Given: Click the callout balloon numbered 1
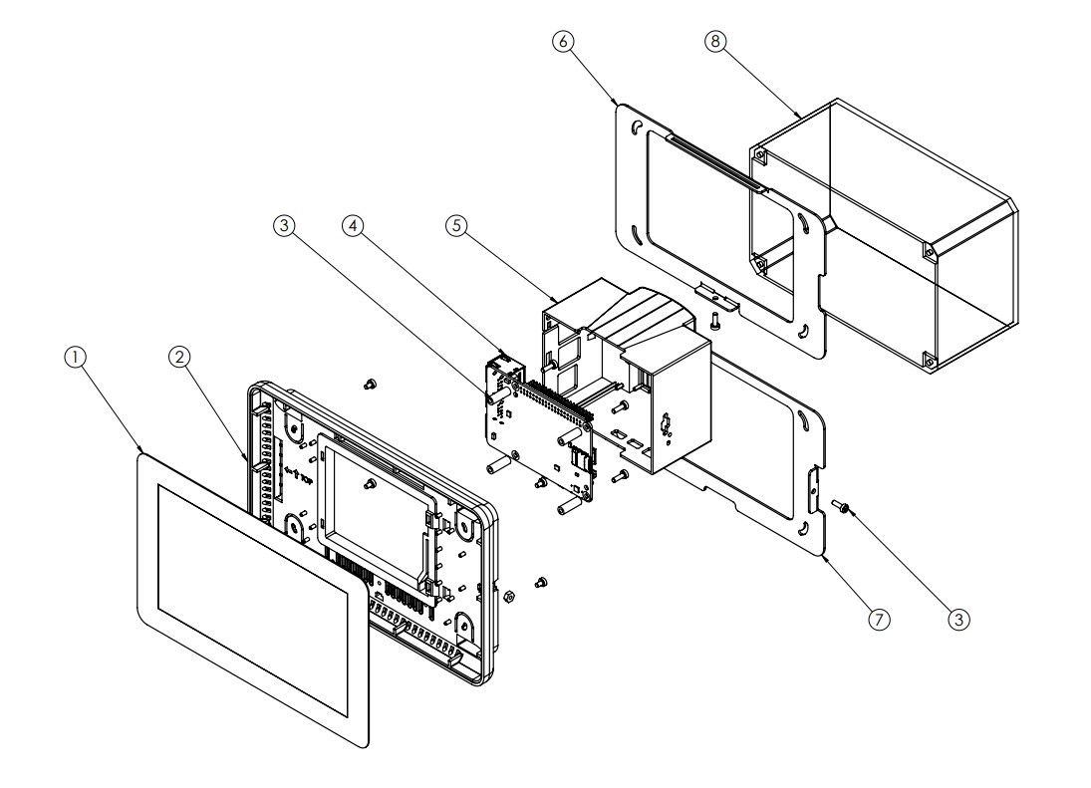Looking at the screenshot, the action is tap(75, 358).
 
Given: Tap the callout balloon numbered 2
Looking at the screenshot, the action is tap(179, 358).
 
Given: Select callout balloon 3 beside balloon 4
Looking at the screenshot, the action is tap(284, 225).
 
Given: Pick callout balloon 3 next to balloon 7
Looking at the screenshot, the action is tap(958, 619).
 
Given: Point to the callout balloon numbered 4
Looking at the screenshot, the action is tap(354, 225).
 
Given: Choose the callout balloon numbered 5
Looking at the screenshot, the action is tap(456, 225).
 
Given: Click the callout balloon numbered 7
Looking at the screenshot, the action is tap(880, 619).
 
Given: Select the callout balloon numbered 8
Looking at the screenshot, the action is tap(714, 42).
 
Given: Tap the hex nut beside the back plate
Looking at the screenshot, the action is tap(508, 596).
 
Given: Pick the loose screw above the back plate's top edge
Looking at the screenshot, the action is tap(370, 384).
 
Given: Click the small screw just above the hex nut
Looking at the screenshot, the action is tap(541, 583).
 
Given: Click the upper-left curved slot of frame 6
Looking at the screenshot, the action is tap(636, 128).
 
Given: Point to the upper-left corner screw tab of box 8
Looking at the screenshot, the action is tap(760, 155).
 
